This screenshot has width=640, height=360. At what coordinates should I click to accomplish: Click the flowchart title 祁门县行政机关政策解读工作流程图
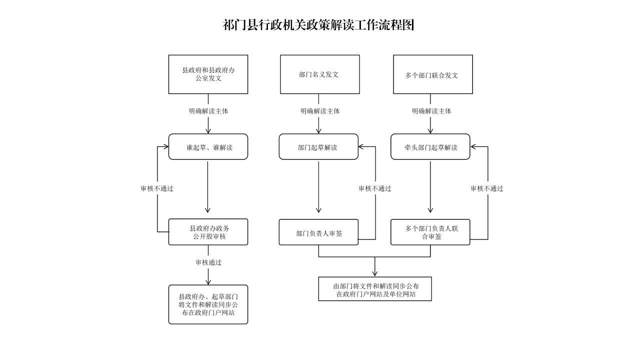click(318, 25)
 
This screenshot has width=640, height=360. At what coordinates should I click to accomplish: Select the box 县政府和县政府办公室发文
click(208, 74)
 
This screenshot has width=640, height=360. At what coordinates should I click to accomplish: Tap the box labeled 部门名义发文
click(319, 74)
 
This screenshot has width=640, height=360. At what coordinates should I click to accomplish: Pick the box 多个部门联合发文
click(432, 75)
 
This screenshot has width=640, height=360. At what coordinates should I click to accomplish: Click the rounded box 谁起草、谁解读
click(208, 147)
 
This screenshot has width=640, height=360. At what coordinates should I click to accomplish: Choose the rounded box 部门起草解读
click(318, 147)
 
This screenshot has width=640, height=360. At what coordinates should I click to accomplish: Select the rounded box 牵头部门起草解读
click(430, 147)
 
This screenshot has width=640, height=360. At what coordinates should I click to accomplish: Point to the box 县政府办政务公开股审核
click(208, 232)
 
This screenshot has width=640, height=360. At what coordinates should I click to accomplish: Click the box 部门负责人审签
click(318, 232)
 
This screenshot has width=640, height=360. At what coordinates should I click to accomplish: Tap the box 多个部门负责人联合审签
click(430, 232)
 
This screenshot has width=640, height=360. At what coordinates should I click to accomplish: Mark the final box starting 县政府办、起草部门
click(208, 304)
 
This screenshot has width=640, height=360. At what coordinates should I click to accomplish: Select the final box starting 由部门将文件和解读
click(375, 289)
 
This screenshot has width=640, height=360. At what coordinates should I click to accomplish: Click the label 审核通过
click(208, 262)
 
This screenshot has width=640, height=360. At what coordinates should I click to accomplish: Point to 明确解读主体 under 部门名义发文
click(320, 111)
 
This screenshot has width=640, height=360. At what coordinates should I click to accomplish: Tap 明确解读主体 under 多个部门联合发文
click(431, 111)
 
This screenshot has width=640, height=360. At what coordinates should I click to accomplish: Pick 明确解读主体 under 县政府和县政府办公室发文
click(208, 111)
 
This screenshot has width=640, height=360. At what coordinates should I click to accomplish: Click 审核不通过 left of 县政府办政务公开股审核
click(156, 188)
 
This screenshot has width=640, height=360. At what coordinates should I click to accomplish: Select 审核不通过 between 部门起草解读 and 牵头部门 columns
click(375, 188)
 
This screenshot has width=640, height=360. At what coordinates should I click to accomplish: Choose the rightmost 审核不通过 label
click(486, 188)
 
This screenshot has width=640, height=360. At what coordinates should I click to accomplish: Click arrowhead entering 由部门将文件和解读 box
click(375, 273)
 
